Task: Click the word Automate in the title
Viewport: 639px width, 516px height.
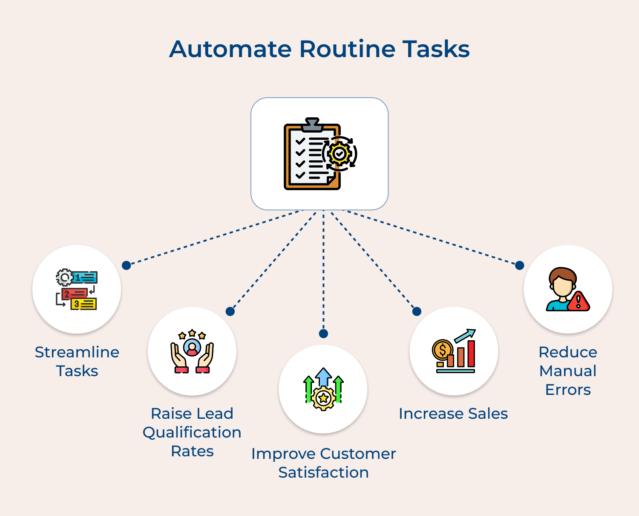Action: pos(230,49)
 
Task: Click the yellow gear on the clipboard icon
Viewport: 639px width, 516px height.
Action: pos(340,154)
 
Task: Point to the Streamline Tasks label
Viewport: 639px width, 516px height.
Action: pos(77,361)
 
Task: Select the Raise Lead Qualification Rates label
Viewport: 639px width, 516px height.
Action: pos(192,432)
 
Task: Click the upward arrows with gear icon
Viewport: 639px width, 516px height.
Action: pos(323,389)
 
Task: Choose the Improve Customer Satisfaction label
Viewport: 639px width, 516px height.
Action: pos(323,463)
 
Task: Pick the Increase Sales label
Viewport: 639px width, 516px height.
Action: pos(453,414)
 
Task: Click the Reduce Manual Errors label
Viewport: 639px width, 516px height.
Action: pos(568,371)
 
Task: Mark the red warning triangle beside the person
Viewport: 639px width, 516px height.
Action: pos(579,302)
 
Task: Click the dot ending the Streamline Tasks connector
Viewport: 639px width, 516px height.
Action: pos(126,265)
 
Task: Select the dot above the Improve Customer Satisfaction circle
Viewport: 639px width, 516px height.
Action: pos(323,333)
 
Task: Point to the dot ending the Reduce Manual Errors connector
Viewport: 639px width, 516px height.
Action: pos(520,265)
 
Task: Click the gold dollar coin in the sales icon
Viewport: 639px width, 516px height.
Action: pos(443,351)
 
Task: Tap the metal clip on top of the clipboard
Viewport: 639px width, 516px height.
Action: pos(312,125)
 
